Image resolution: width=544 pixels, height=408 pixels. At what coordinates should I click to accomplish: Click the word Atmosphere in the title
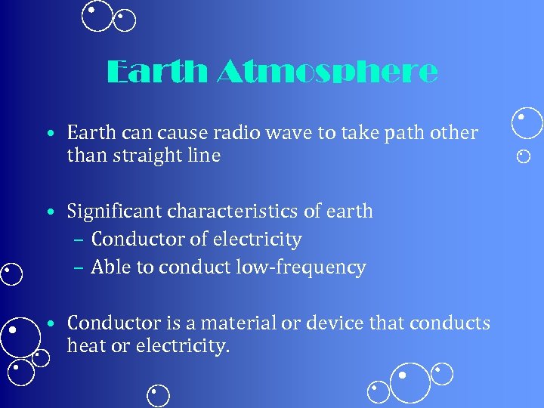coord(327,73)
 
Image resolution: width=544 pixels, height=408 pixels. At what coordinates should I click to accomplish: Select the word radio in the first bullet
coord(214,133)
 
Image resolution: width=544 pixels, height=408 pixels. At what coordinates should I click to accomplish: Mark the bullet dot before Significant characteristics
coord(48,212)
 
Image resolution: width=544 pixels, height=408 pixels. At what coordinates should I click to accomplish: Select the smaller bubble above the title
coord(125,20)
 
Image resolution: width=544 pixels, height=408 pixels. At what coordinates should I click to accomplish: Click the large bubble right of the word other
coord(527,124)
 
